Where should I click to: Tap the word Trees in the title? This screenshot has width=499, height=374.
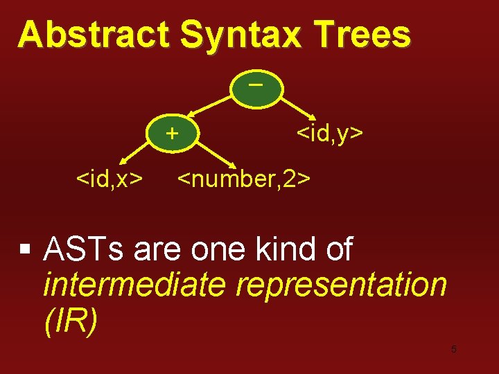363,35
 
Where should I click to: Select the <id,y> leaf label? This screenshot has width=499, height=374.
329,132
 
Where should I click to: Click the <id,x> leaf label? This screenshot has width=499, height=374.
110,179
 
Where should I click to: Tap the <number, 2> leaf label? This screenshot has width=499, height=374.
244,179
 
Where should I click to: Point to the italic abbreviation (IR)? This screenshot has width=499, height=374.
71,321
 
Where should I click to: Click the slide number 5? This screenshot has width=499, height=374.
453,349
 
